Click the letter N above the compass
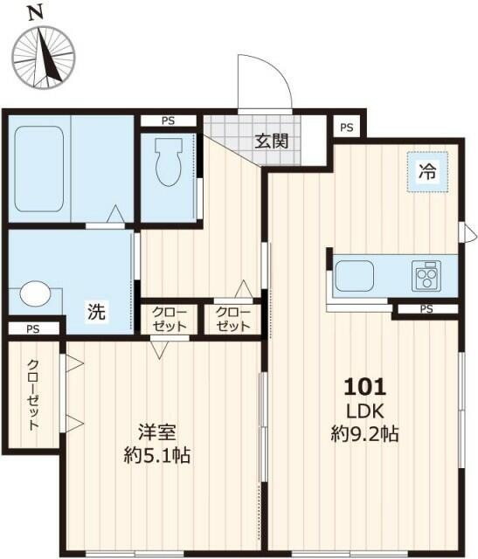36,13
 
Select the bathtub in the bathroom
40,169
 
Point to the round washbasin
35,293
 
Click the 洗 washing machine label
96,310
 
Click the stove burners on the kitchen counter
427,276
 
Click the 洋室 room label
157,431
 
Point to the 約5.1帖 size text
157,455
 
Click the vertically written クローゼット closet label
32,396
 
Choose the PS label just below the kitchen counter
426,309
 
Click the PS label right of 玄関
347,128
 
